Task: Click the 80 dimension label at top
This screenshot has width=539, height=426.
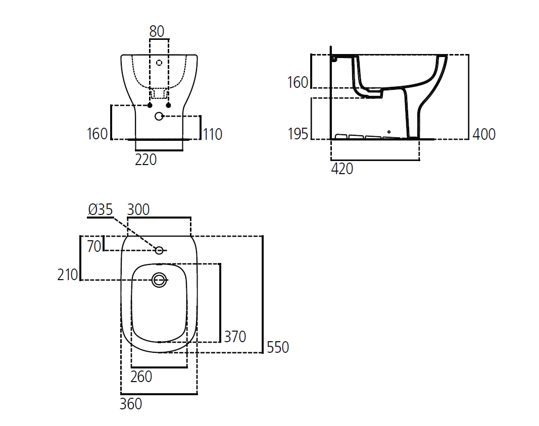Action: click(x=157, y=31)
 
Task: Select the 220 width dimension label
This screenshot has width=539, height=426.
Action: click(x=146, y=159)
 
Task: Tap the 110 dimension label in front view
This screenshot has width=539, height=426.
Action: click(x=212, y=134)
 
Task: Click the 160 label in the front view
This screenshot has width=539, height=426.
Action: click(x=97, y=134)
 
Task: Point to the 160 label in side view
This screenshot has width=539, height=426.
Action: click(x=298, y=82)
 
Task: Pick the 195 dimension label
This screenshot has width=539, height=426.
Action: click(x=298, y=134)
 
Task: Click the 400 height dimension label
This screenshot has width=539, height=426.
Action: click(x=484, y=134)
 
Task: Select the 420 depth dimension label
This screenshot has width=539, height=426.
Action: click(x=342, y=169)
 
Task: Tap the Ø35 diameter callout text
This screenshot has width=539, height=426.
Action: click(x=100, y=209)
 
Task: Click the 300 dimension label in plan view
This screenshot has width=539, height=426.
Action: click(x=138, y=209)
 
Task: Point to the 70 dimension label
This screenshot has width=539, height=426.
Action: click(x=94, y=247)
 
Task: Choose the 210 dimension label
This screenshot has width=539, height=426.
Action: click(x=68, y=275)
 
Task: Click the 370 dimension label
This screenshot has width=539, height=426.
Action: click(x=235, y=336)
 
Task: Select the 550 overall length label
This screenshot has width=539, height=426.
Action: click(x=278, y=347)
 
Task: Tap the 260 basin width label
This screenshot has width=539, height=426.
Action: click(x=141, y=377)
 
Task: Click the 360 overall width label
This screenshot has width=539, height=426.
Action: click(x=131, y=404)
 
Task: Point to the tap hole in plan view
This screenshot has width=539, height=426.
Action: click(x=159, y=250)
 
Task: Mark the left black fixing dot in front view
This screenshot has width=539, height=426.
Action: click(x=150, y=105)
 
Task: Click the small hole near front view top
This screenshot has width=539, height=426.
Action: click(x=159, y=63)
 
